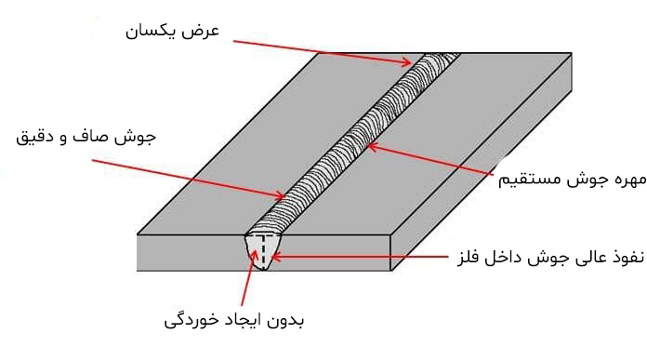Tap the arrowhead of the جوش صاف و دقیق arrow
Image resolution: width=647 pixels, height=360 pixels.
(x=281, y=195)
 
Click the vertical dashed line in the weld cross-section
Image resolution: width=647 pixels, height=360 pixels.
(x=264, y=249)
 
